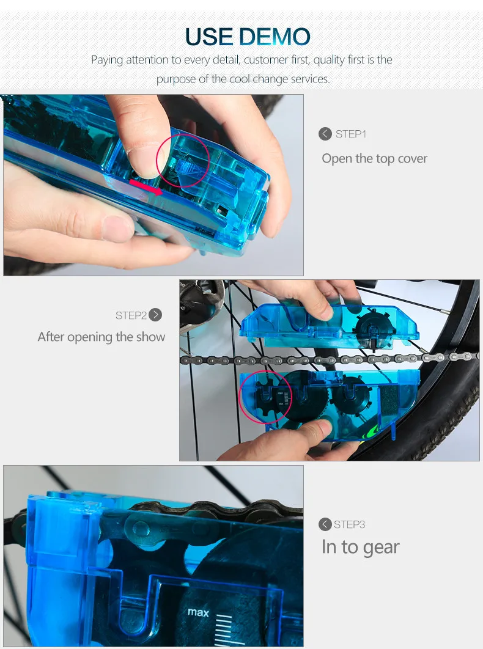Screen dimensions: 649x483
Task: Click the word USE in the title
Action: [210, 37]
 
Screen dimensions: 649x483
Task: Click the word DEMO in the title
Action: [275, 37]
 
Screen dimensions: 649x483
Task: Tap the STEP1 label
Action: [351, 134]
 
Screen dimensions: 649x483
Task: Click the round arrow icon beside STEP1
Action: [325, 134]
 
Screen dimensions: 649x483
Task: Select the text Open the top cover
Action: [374, 158]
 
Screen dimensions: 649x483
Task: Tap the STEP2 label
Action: [131, 315]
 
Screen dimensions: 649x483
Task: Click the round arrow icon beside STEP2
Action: [156, 315]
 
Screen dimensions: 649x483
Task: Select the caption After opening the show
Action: [101, 337]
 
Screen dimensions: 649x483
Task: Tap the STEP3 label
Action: [350, 524]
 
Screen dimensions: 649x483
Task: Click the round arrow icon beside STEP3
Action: [325, 524]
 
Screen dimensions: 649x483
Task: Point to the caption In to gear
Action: [360, 547]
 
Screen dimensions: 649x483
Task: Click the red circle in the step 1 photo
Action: [183, 161]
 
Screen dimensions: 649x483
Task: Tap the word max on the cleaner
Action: [198, 612]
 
